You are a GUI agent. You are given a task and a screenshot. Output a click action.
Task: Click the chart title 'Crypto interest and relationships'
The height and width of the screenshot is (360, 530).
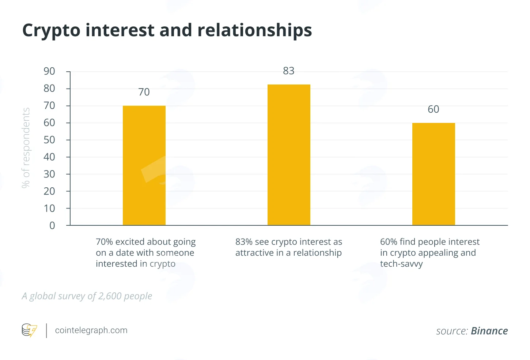pyautogui.click(x=167, y=31)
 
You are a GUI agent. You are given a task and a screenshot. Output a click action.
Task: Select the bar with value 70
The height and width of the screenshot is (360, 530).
pyautogui.click(x=144, y=165)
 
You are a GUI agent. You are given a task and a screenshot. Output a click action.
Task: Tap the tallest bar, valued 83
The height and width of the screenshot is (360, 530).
pyautogui.click(x=289, y=155)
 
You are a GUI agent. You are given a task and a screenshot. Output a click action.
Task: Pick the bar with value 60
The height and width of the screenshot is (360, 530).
pyautogui.click(x=434, y=174)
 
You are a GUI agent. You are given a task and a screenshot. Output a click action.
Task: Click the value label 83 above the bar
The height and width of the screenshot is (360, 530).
pyautogui.click(x=289, y=71)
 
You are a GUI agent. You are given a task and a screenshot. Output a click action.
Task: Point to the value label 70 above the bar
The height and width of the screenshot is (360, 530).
pyautogui.click(x=144, y=92)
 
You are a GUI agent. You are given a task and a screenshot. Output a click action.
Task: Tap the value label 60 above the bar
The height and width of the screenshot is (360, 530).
pyautogui.click(x=434, y=109)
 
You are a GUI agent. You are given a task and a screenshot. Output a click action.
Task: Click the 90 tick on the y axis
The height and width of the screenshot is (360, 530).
pyautogui.click(x=49, y=71)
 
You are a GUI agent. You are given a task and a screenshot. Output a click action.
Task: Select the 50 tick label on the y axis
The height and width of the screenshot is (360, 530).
pyautogui.click(x=49, y=140)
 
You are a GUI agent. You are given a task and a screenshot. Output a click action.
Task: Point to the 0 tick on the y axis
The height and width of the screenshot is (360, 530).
pyautogui.click(x=52, y=225)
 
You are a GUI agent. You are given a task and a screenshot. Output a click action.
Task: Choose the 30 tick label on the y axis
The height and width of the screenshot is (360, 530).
pyautogui.click(x=49, y=174)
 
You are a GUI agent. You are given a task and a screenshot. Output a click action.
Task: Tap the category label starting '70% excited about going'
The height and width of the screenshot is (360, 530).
pyautogui.click(x=146, y=253)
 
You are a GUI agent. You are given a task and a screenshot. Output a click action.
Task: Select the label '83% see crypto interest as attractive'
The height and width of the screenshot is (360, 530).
pyautogui.click(x=289, y=247)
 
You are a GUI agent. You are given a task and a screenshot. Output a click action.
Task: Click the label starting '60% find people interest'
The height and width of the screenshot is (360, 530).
pyautogui.click(x=430, y=253)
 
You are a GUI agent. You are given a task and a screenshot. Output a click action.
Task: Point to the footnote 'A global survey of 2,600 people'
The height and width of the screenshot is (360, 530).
pyautogui.click(x=87, y=296)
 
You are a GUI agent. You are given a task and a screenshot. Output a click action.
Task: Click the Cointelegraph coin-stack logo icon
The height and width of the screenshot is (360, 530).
pyautogui.click(x=29, y=330)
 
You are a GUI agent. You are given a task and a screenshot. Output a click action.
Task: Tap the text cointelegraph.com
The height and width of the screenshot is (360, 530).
pyautogui.click(x=91, y=330)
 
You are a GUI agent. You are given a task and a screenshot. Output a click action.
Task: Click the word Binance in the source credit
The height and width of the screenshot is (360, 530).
pyautogui.click(x=489, y=331)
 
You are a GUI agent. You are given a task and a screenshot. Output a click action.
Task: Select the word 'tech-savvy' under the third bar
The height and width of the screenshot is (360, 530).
pyautogui.click(x=401, y=264)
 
